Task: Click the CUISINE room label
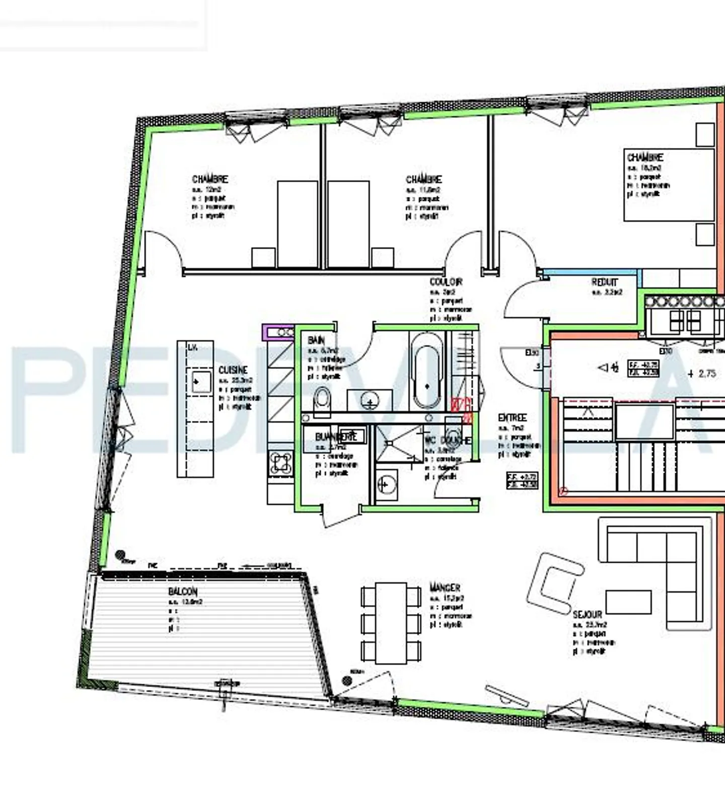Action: [233, 370]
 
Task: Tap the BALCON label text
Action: [183, 592]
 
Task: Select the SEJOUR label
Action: [587, 615]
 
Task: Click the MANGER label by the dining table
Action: [445, 588]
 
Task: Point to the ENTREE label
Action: [512, 418]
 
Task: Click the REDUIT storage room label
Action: [604, 282]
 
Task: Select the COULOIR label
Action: [446, 282]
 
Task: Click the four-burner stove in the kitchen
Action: [280, 463]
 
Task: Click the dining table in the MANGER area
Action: [391, 623]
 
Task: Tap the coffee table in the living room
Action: [628, 602]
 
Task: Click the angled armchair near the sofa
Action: [554, 583]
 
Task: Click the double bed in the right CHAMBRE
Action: [669, 185]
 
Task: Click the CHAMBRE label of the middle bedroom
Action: [423, 179]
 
